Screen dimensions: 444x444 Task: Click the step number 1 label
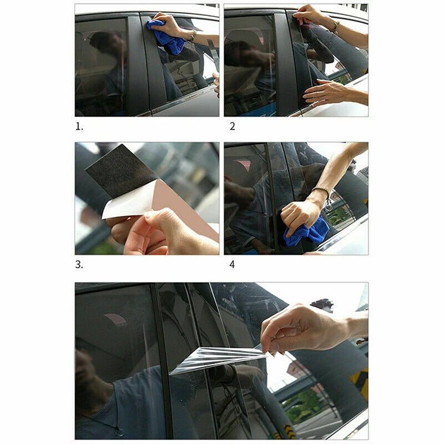click(x=79, y=127)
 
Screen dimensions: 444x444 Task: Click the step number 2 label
click(x=232, y=127)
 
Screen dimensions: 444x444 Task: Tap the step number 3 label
click(x=79, y=265)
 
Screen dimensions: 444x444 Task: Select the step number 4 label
click(x=232, y=265)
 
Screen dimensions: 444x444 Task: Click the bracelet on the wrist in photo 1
click(x=194, y=36)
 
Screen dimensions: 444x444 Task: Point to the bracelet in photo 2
click(x=336, y=27)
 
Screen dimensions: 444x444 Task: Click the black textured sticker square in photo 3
click(x=121, y=171)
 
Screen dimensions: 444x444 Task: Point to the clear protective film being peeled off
click(x=218, y=359)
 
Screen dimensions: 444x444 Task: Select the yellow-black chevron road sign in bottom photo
click(x=359, y=382)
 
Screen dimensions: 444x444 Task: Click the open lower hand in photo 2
click(x=326, y=91)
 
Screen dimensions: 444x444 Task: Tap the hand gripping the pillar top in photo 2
click(x=307, y=14)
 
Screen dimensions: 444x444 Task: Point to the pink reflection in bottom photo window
click(x=115, y=319)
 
